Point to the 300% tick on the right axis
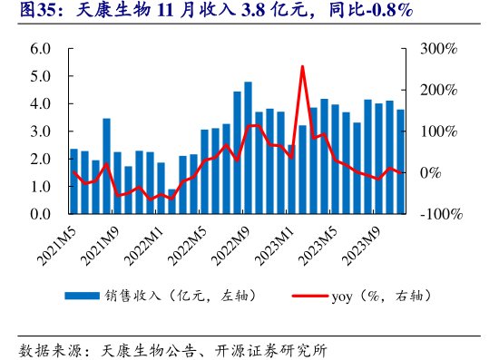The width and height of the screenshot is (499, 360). tap(439, 48)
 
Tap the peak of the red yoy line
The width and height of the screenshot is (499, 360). tap(302, 66)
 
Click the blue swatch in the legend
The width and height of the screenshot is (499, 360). tap(81, 296)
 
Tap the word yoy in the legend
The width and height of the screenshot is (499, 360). tap(343, 296)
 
